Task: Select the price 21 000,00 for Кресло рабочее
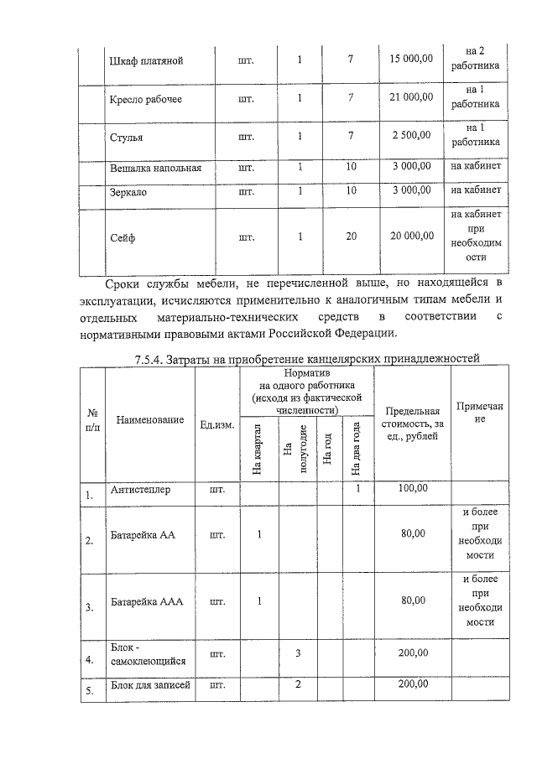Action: click(x=411, y=97)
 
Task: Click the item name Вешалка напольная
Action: click(x=156, y=168)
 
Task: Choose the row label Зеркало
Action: click(x=129, y=191)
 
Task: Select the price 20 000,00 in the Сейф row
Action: click(x=411, y=237)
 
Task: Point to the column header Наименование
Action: click(x=150, y=419)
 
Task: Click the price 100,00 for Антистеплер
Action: click(x=412, y=488)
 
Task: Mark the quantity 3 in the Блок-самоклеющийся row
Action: click(x=298, y=652)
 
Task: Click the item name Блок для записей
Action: click(x=150, y=685)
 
